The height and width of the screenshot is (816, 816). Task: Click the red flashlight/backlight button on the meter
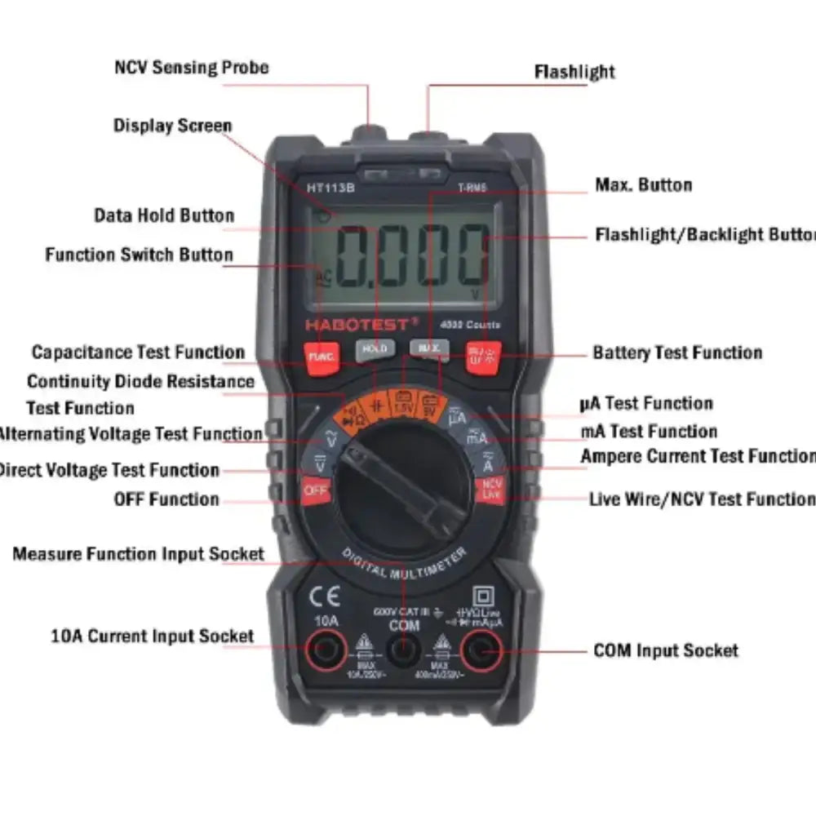click(483, 355)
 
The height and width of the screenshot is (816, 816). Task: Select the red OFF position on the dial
click(315, 491)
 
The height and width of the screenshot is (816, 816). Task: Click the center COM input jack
click(403, 651)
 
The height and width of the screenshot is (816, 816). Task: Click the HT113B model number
click(330, 187)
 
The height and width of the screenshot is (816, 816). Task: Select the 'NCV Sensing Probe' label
click(191, 67)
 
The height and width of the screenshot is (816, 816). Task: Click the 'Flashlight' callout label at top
click(574, 72)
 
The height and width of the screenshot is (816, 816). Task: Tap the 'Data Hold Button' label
click(164, 215)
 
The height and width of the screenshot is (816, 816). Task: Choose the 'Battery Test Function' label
click(677, 353)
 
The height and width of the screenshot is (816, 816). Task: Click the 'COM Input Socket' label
click(665, 650)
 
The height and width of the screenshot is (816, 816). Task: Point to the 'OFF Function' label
click(166, 499)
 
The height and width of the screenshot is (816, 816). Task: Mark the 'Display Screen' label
click(172, 126)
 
